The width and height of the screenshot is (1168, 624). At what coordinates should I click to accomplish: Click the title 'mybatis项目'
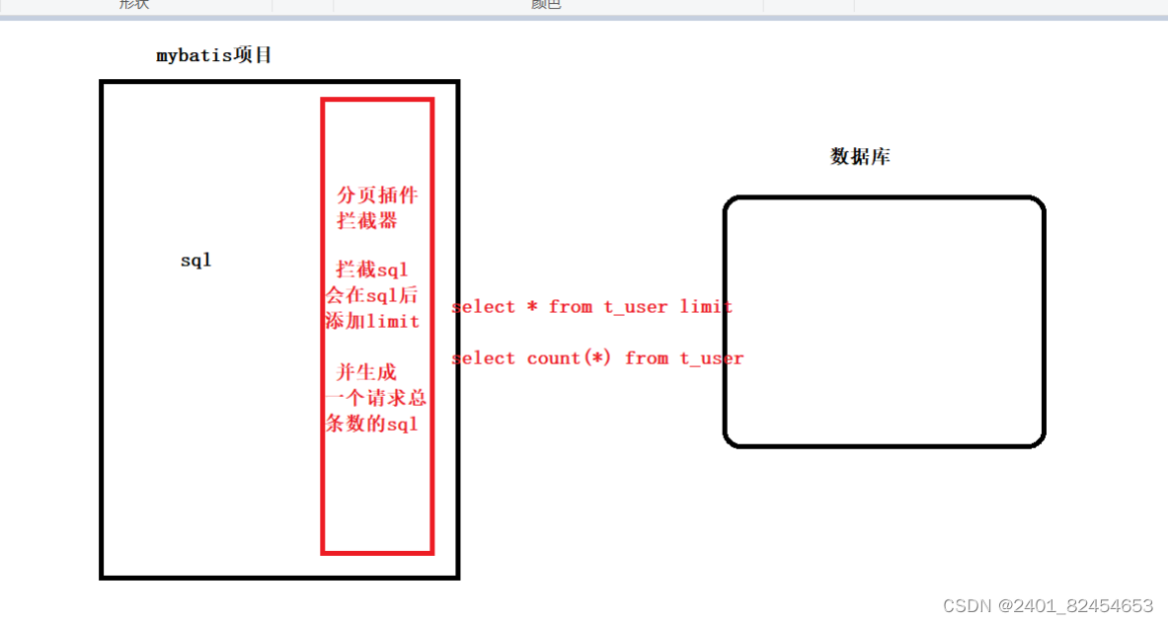213,55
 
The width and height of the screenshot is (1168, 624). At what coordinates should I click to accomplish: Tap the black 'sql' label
195,261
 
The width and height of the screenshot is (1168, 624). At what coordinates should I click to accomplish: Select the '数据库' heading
860,156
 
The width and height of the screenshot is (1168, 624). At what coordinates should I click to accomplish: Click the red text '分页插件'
377,195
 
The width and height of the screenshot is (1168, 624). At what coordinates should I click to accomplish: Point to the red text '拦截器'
367,220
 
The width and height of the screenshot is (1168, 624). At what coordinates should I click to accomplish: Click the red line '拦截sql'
372,269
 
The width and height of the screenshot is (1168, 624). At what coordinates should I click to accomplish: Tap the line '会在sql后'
372,294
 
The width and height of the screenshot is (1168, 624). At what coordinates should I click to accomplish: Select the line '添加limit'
372,321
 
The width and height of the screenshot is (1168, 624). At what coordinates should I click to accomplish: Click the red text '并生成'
366,372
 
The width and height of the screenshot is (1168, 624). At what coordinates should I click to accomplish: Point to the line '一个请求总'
375,398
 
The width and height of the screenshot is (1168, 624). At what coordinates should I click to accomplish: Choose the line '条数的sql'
372,424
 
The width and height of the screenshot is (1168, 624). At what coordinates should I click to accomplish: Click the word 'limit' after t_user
706,307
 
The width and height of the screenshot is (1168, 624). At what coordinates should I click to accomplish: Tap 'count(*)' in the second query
570,358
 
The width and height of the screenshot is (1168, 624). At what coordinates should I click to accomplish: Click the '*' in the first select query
532,307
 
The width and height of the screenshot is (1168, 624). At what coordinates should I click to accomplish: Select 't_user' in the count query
711,358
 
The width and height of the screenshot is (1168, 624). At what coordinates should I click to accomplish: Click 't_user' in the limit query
636,307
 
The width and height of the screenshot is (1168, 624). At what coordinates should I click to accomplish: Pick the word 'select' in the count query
484,358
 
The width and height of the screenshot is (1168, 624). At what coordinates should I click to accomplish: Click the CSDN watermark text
1048,605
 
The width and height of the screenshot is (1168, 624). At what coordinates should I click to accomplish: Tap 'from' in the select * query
571,307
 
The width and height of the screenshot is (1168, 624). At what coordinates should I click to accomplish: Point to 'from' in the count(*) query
647,358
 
